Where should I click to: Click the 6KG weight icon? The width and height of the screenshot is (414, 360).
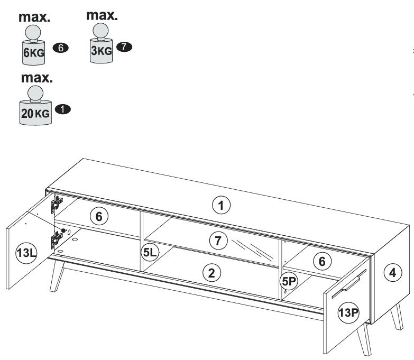(x=34, y=47)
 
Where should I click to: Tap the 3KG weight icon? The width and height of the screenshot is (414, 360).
(x=102, y=45)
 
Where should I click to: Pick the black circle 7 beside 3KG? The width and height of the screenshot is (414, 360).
(x=124, y=47)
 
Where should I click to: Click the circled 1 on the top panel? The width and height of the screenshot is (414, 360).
(x=222, y=205)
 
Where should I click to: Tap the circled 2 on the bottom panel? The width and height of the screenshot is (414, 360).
(x=211, y=273)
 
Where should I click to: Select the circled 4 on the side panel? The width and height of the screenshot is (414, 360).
(x=392, y=272)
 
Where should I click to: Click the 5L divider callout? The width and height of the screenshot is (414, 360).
(x=150, y=253)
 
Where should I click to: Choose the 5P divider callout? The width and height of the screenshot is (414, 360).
(x=288, y=281)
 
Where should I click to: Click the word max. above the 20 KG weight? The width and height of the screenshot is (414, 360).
(x=36, y=78)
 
